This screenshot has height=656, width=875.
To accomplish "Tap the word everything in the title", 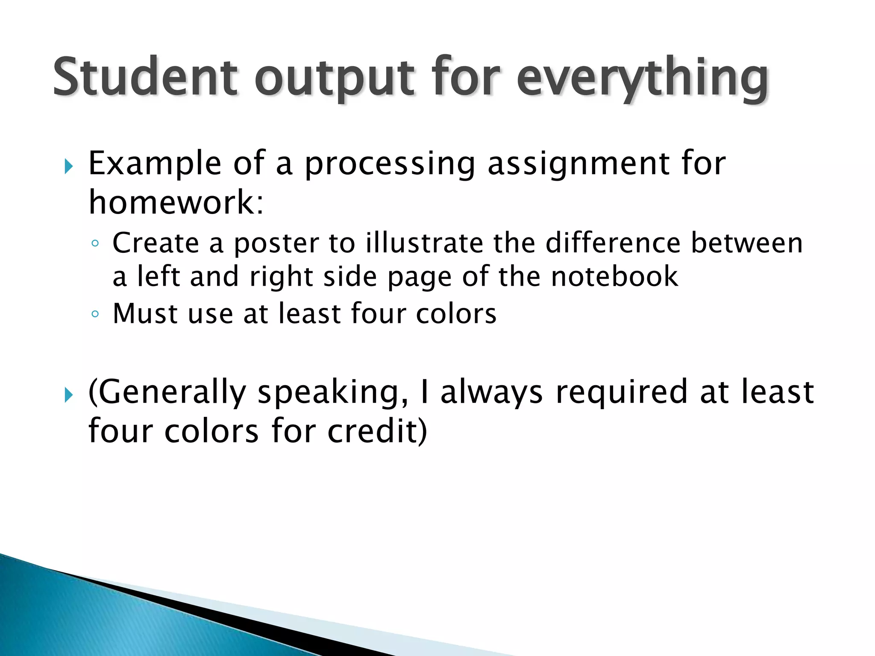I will coord(643,79).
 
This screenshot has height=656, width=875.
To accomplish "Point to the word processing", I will coord(390,164).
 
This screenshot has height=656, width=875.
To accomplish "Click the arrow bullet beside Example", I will coord(68,167).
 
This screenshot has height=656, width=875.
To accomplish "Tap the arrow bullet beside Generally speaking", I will coord(68,395).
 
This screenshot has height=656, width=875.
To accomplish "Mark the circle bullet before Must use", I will coord(95,314).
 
